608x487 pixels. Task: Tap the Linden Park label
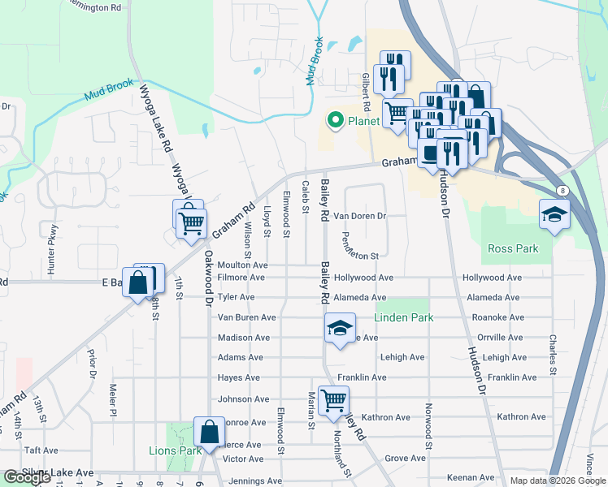404,317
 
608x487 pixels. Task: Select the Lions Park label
175,450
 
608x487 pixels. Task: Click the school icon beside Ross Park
554,215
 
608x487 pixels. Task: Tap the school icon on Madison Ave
340,329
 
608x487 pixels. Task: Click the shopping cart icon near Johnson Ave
333,401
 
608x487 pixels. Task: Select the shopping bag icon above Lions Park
209,433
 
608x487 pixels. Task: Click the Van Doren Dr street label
359,217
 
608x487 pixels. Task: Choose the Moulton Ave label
242,265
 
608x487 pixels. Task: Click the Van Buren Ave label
246,317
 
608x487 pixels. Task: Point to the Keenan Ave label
471,478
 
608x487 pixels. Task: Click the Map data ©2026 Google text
557,481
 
